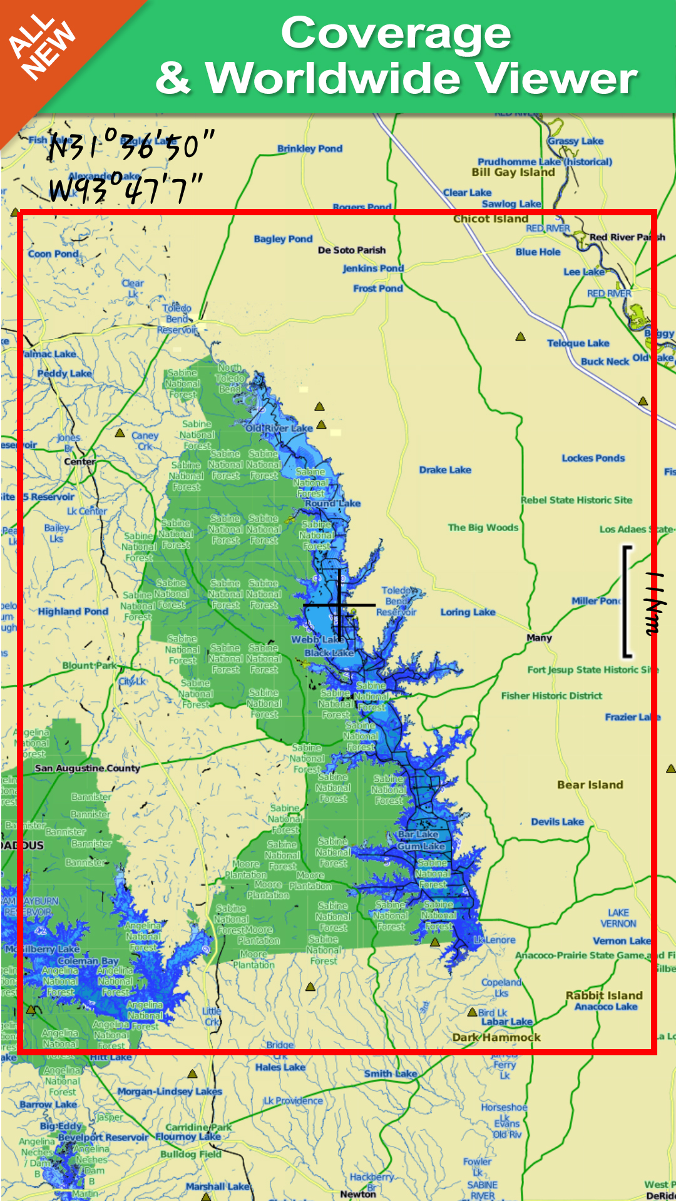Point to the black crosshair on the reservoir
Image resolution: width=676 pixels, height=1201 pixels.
click(339, 605)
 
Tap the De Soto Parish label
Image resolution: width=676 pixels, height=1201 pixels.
click(352, 250)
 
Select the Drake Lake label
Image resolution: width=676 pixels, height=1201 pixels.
click(445, 470)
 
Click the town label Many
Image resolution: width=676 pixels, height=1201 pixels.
click(539, 637)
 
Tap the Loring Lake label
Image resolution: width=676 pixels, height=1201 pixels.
click(468, 612)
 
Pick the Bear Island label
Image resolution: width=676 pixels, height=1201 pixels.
click(590, 784)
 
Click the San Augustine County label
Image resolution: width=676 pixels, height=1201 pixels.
click(88, 768)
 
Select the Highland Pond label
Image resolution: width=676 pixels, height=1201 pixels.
click(73, 611)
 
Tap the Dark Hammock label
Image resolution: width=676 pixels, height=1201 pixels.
click(496, 1037)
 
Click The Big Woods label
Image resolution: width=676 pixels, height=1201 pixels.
click(483, 527)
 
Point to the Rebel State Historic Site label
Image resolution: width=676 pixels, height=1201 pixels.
click(576, 500)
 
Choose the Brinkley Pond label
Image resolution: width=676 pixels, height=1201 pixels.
click(310, 149)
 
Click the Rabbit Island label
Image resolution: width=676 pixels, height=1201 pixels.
click(604, 995)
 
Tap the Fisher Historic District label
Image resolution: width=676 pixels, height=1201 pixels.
click(551, 696)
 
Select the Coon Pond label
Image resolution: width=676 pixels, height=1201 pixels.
click(53, 254)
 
